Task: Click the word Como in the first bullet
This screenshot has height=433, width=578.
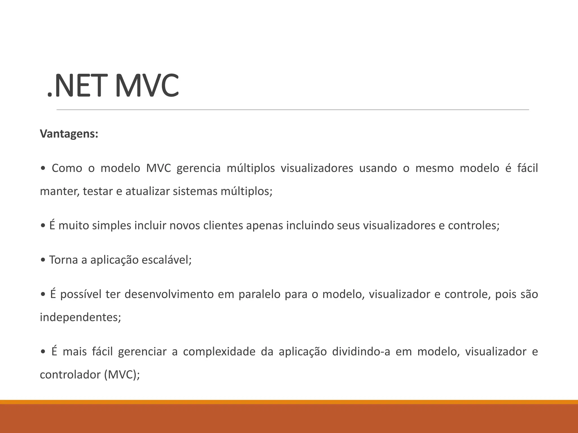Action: [67, 168]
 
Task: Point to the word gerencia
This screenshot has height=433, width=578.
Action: [198, 168]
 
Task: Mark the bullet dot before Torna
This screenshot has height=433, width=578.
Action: [43, 260]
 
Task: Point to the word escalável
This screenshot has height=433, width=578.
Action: [167, 260]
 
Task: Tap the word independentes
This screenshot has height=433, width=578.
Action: [80, 317]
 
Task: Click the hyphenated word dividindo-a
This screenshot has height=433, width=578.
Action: [361, 352]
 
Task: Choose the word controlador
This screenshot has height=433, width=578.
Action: [70, 375]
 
